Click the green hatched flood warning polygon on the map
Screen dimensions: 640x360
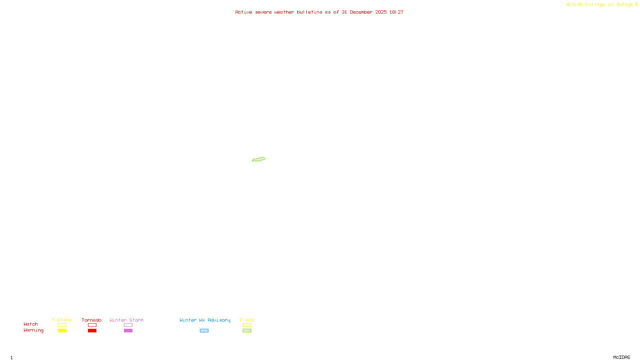258,159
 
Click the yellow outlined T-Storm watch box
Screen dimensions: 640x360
62,325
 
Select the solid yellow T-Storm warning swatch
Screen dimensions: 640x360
62,331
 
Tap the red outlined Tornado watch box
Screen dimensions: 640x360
92,325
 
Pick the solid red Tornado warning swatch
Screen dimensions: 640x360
92,331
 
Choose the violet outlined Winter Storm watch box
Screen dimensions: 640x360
128,325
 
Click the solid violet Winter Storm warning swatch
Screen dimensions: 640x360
128,331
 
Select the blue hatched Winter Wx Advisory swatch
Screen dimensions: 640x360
204,331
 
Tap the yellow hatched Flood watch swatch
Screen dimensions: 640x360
247,325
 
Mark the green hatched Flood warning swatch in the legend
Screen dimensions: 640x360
247,331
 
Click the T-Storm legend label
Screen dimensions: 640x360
62,320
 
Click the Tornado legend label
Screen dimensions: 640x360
92,320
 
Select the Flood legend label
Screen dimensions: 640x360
247,320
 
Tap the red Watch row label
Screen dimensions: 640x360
31,324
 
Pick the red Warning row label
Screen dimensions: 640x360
34,330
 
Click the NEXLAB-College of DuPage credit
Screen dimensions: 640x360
600,5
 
